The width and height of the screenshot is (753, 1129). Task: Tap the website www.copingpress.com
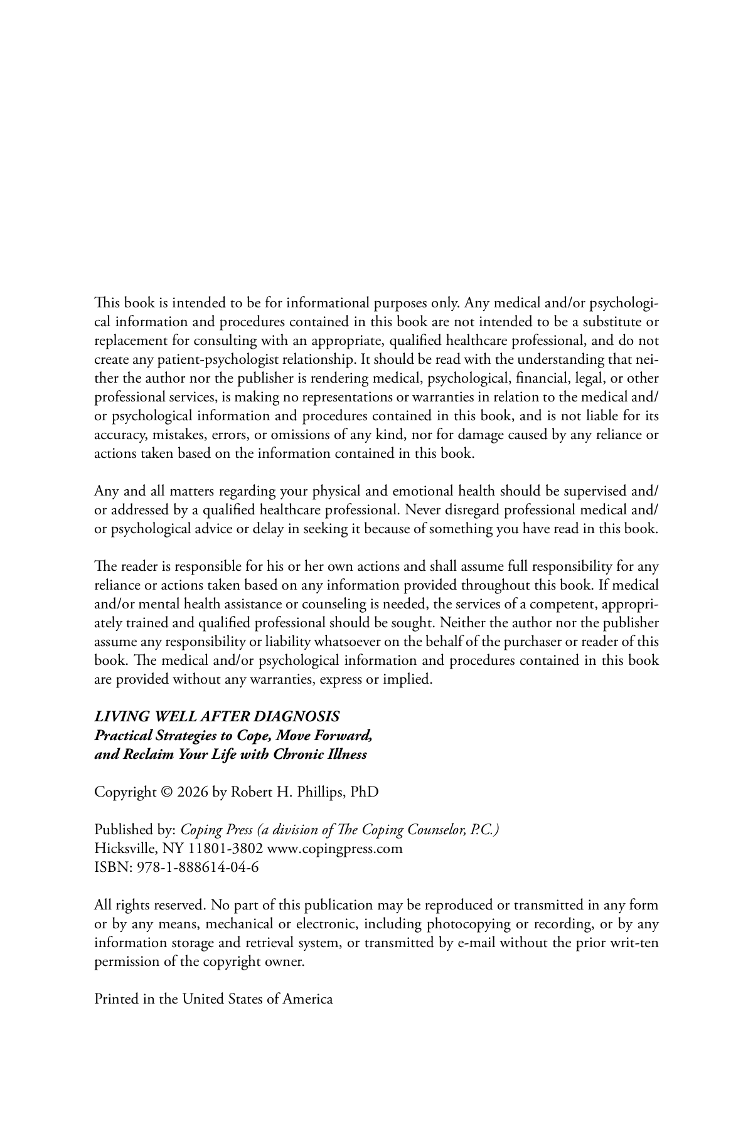click(334, 849)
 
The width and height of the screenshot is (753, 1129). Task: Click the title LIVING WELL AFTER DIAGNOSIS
click(217, 716)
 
